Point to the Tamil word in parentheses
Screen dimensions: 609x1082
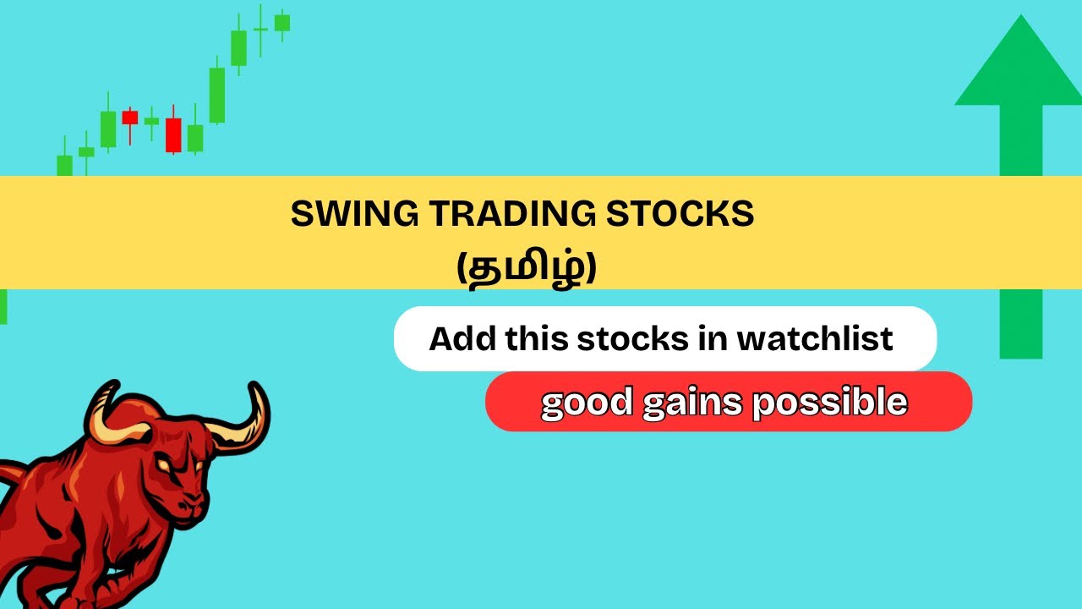tap(527, 271)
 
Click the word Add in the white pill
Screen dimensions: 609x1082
tap(462, 339)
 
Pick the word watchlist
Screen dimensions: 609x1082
tap(815, 339)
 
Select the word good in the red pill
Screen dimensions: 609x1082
tap(587, 403)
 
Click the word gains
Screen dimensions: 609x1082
tap(692, 403)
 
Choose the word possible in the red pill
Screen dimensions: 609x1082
tap(829, 403)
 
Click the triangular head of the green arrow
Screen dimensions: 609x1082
tap(1019, 68)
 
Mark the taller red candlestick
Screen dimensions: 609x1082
tap(173, 134)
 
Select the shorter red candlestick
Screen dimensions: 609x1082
tap(129, 118)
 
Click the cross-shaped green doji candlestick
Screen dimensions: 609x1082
tap(260, 30)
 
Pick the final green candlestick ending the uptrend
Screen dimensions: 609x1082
tap(282, 22)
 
